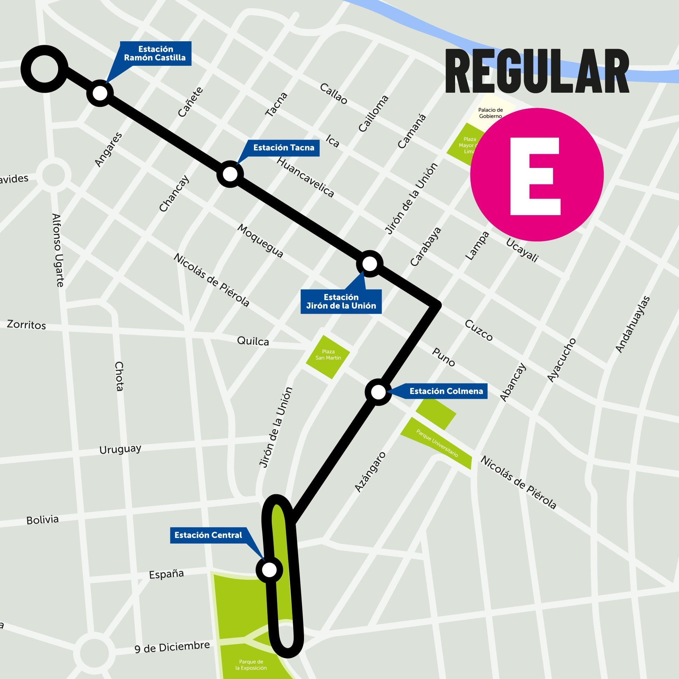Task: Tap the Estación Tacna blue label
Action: tap(283, 148)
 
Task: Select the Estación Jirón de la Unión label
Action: tap(341, 302)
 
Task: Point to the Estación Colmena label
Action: tap(446, 391)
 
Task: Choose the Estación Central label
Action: tap(208, 535)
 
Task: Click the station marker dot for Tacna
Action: tap(230, 174)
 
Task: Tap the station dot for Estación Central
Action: tap(270, 570)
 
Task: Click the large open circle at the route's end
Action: tap(44, 69)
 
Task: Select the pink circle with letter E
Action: tap(537, 175)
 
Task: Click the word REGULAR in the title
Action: tap(537, 71)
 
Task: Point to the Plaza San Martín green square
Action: tap(328, 357)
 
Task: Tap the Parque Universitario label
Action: tap(437, 443)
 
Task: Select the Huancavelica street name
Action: tap(305, 177)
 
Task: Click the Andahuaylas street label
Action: tap(632, 324)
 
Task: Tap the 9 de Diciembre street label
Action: tap(172, 648)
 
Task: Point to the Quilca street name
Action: tap(253, 341)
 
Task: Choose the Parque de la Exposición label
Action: tap(251, 665)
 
